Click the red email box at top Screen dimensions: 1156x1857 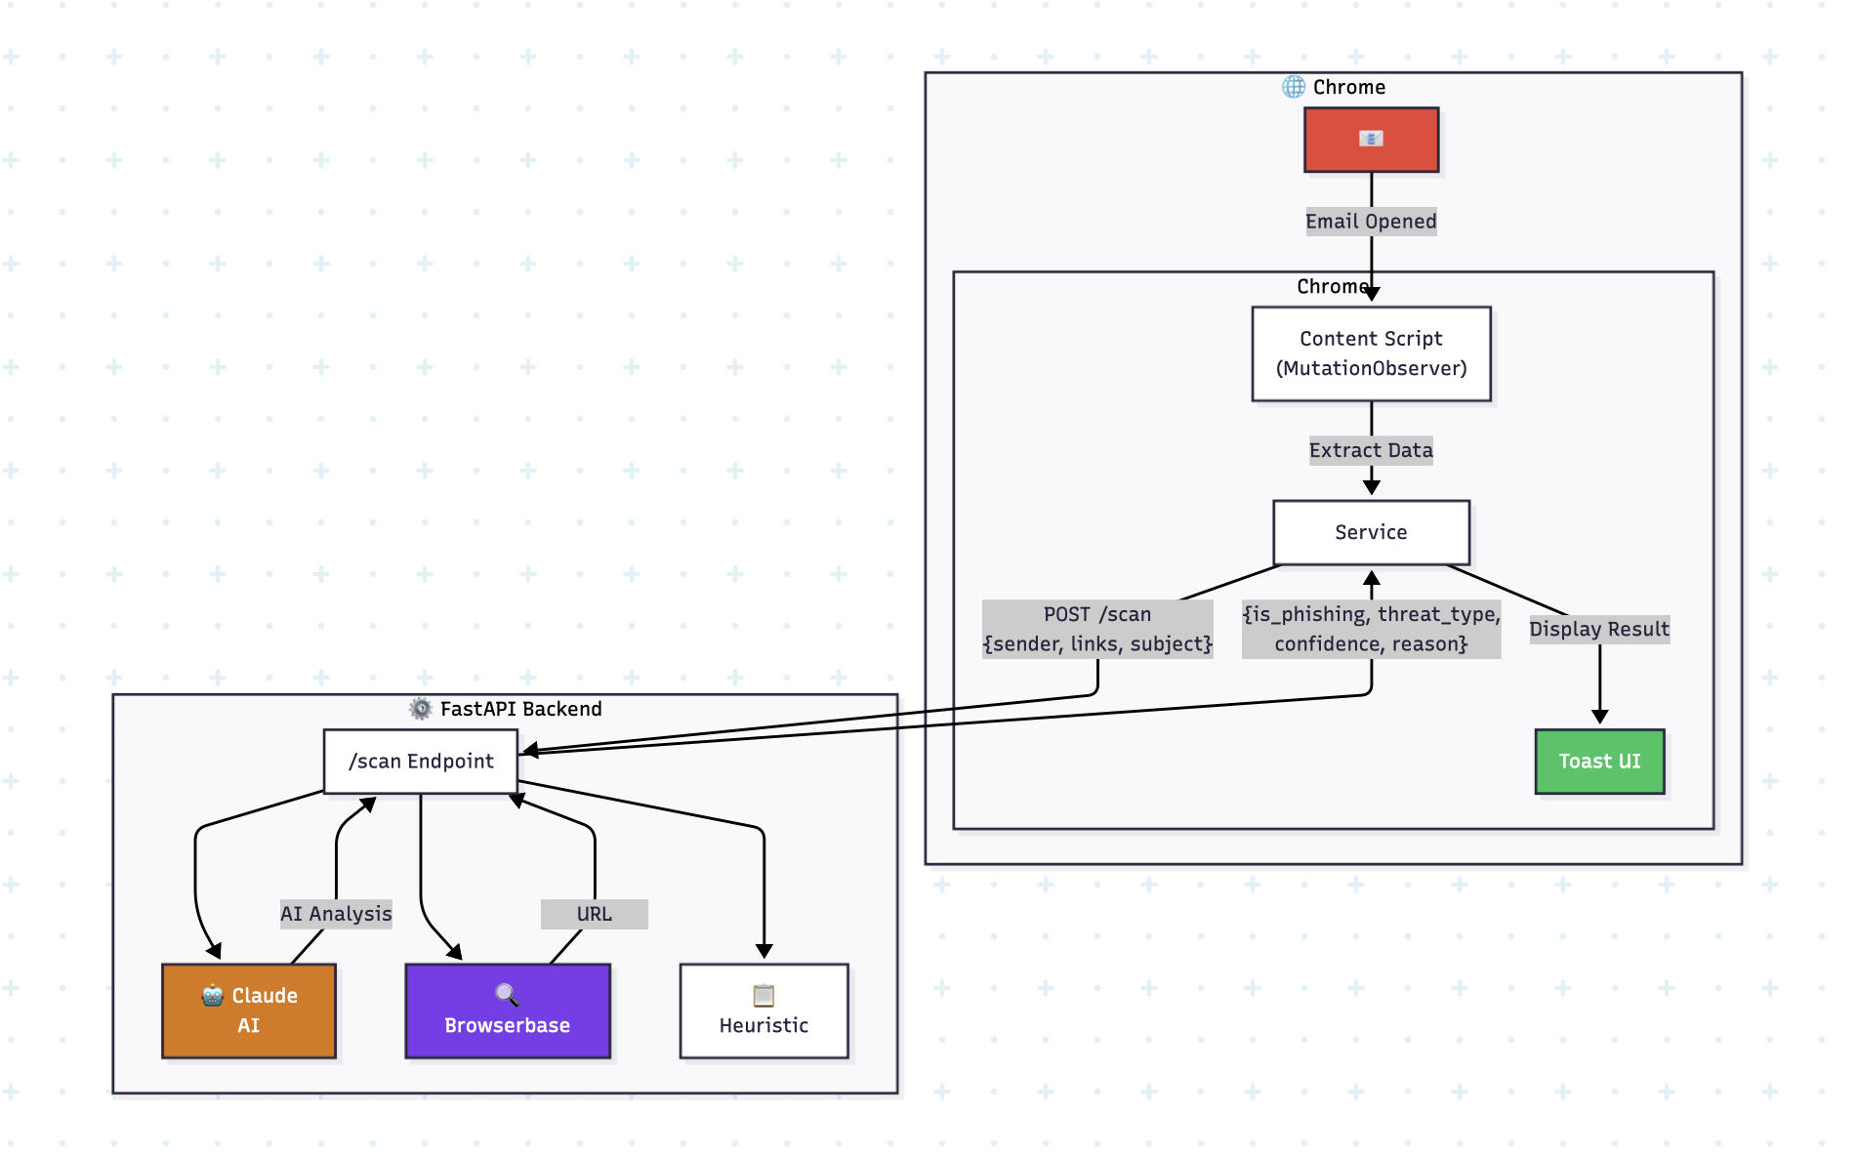pos(1371,140)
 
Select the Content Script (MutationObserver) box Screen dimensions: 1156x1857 pos(1371,353)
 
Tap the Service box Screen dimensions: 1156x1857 pos(1371,532)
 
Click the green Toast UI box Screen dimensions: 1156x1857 pos(1599,762)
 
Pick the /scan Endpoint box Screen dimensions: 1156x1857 pos(421,762)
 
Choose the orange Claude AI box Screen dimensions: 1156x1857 pos(249,1011)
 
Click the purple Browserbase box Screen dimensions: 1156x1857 pos(508,1011)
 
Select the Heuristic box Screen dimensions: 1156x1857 pos(763,1011)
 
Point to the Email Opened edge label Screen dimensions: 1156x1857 pos(1371,222)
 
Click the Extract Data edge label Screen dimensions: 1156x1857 pos(1371,450)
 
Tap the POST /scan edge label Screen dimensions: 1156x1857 pos(1097,629)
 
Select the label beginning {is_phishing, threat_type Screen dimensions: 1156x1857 pos(1371,629)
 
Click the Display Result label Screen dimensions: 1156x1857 pos(1599,629)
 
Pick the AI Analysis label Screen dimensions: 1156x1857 pos(336,914)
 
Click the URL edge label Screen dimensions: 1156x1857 pos(594,914)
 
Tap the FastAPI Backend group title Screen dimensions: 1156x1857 pos(520,709)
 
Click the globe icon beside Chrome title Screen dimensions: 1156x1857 pos(1294,87)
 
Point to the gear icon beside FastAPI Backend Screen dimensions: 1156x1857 pos(421,709)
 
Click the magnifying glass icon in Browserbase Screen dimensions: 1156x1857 pos(507,995)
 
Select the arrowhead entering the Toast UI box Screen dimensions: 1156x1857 pos(1599,718)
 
